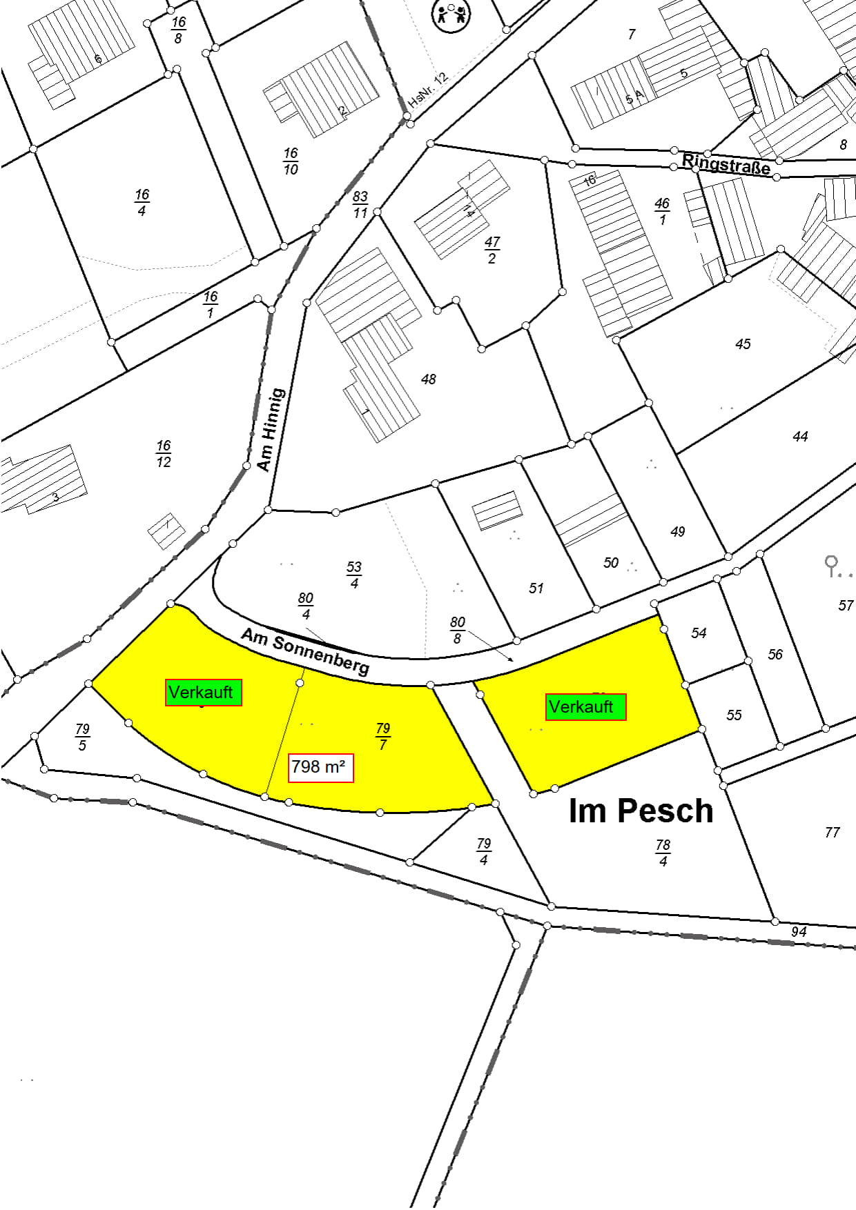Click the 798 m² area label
click(320, 767)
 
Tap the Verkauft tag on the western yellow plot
click(203, 692)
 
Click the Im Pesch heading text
click(641, 811)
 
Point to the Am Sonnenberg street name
click(305, 651)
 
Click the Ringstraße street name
click(726, 165)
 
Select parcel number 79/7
click(383, 736)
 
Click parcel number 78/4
click(663, 853)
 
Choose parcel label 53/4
click(354, 575)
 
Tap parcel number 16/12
click(164, 454)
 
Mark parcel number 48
click(429, 379)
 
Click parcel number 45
click(743, 344)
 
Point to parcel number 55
click(734, 715)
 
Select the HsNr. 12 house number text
click(428, 90)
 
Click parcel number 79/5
click(82, 737)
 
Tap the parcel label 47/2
click(492, 250)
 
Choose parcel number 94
click(799, 932)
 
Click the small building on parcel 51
click(496, 510)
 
